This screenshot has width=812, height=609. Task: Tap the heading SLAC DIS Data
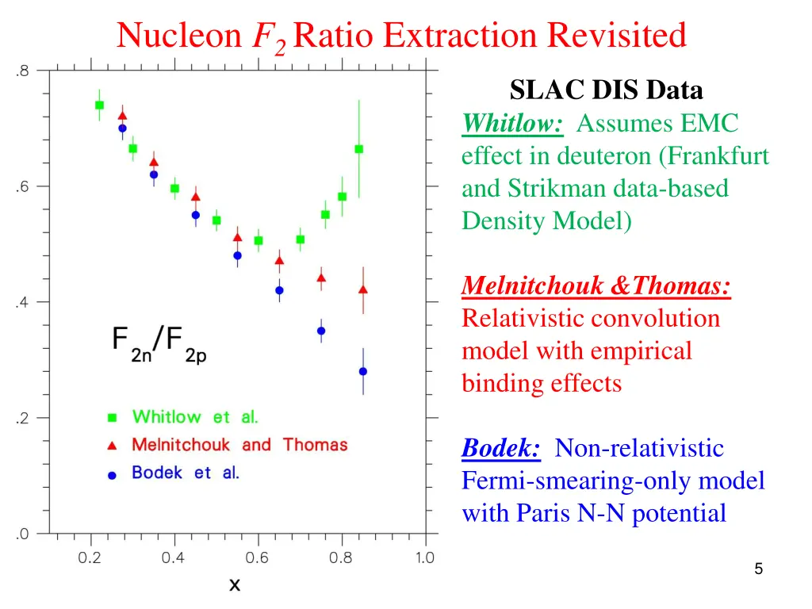pyautogui.click(x=606, y=90)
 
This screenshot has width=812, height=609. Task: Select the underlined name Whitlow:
pyautogui.click(x=513, y=124)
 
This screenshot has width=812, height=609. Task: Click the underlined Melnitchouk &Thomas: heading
pyautogui.click(x=596, y=285)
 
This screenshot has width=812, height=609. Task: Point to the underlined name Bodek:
pyautogui.click(x=501, y=448)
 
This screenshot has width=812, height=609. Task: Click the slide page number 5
pyautogui.click(x=759, y=569)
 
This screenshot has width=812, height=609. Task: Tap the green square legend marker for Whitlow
pyautogui.click(x=113, y=417)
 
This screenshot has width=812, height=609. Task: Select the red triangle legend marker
pyautogui.click(x=113, y=445)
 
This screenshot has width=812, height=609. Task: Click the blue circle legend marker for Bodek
pyautogui.click(x=113, y=474)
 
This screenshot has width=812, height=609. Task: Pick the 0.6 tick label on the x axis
pyautogui.click(x=257, y=557)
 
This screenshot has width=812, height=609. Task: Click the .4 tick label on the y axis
pyautogui.click(x=22, y=302)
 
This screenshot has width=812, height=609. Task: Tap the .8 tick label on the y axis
pyautogui.click(x=22, y=71)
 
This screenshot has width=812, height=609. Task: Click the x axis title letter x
pyautogui.click(x=235, y=585)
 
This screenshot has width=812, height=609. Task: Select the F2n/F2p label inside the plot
pyautogui.click(x=159, y=346)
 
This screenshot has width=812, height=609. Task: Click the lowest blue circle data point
pyautogui.click(x=363, y=371)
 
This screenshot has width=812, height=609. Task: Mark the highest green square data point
pyautogui.click(x=99, y=105)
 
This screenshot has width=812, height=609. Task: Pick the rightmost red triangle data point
pyautogui.click(x=363, y=289)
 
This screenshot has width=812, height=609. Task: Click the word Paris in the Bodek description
pyautogui.click(x=543, y=513)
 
